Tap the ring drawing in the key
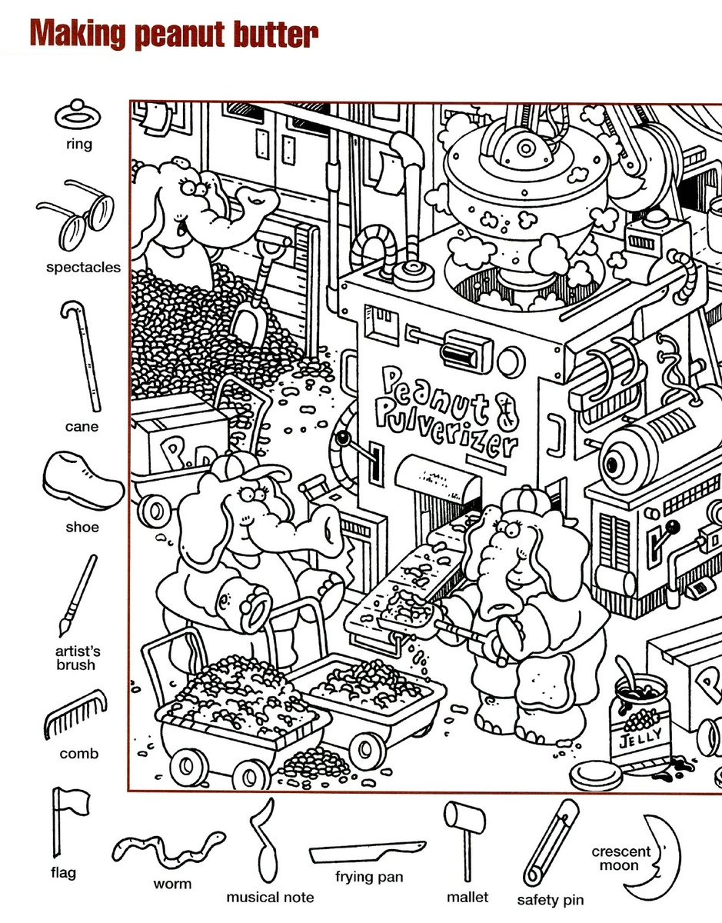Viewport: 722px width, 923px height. point(77,113)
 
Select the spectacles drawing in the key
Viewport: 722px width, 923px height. point(76,215)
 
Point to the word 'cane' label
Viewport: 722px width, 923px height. point(82,426)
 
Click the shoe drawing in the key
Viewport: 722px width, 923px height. point(83,481)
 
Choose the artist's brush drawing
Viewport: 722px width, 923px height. point(78,596)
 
